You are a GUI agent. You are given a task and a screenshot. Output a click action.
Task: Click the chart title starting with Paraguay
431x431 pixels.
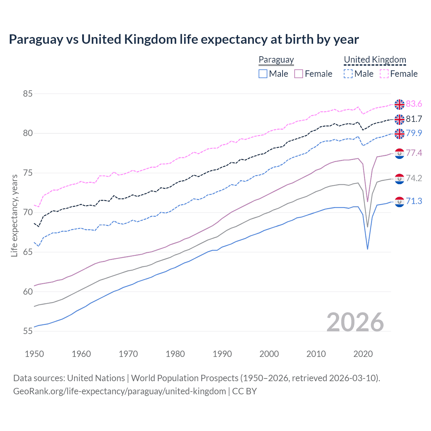[x=184, y=39]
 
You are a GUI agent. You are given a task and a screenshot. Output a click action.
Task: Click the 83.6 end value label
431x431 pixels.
[x=414, y=104]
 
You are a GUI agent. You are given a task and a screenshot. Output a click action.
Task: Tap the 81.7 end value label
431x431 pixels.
[x=414, y=119]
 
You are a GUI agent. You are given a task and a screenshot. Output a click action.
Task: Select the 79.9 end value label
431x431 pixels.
[x=414, y=133]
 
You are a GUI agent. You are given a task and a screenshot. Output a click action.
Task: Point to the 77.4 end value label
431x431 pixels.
[x=414, y=153]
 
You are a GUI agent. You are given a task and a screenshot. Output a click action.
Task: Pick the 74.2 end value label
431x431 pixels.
[x=414, y=178]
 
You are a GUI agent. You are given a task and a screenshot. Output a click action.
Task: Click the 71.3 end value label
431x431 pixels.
[x=414, y=201]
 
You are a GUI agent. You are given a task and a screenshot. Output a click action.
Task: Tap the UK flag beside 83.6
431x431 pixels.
[x=399, y=104]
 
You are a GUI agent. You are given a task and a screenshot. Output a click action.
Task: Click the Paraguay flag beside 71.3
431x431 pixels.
[x=399, y=202]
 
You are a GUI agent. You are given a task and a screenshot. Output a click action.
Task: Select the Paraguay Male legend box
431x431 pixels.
[x=263, y=74]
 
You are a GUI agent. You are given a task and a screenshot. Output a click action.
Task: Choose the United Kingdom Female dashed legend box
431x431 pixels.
[x=384, y=74]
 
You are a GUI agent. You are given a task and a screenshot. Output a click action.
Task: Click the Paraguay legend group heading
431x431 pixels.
[x=276, y=60]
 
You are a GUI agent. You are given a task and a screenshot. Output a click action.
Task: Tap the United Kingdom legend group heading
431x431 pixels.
[x=375, y=60]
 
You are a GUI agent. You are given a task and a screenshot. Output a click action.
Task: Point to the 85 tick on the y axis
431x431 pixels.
[x=28, y=94]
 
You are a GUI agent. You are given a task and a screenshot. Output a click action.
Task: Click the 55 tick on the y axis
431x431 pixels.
[x=28, y=331]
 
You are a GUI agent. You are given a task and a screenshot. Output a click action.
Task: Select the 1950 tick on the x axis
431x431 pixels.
[x=34, y=354]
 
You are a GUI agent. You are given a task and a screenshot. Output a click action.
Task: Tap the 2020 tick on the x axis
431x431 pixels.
[x=363, y=354]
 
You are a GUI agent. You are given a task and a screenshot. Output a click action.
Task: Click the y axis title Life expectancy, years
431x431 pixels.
[x=14, y=215]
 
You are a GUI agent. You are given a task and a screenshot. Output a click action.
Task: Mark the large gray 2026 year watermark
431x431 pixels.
[x=355, y=322]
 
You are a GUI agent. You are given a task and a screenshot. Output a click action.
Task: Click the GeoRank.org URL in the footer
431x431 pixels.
[x=120, y=391]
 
